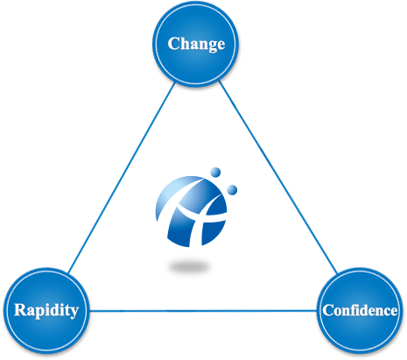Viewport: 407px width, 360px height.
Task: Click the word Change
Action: click(x=196, y=44)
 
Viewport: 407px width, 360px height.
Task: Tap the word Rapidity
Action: click(x=46, y=310)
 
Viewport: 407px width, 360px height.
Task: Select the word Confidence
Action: click(x=360, y=310)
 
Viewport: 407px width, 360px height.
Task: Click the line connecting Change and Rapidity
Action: click(x=122, y=178)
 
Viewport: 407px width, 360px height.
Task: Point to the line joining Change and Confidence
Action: click(x=277, y=178)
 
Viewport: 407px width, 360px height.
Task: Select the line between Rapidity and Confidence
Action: click(x=203, y=311)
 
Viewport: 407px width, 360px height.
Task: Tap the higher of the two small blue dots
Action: click(x=215, y=172)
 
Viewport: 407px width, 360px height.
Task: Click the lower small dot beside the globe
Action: click(x=232, y=190)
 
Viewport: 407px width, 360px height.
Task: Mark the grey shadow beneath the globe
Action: click(x=190, y=267)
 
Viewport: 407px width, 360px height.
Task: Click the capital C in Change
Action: click(x=174, y=44)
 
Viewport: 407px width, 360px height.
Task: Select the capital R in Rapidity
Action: click(x=21, y=310)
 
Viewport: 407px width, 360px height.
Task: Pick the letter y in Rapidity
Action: click(x=74, y=313)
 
